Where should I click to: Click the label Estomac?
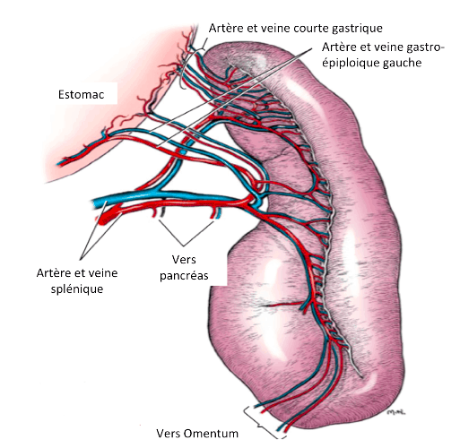81,94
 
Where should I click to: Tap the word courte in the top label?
310,28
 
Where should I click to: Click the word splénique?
77,289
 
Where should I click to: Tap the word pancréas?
184,276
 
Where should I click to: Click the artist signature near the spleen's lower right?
396,412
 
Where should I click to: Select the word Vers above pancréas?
184,259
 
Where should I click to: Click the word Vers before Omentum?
169,433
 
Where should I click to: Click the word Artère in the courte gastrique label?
226,28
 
